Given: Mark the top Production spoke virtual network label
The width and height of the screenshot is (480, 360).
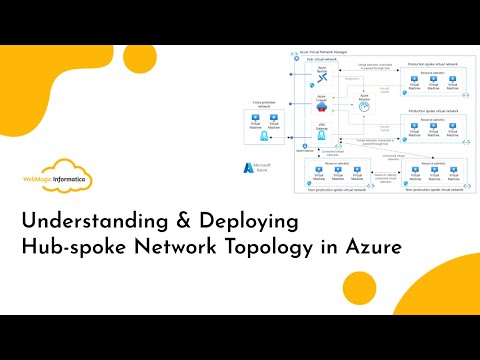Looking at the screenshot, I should [434, 61].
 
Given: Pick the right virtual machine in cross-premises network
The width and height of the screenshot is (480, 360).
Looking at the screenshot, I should [272, 119].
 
